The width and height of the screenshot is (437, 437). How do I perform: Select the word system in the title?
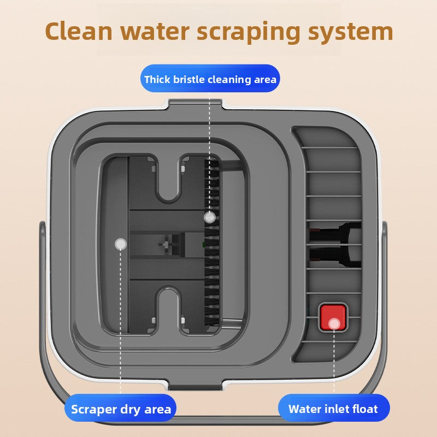coord(350,32)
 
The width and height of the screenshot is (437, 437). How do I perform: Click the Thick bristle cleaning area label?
coord(210,80)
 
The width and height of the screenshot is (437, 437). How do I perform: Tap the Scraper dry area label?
coord(121,409)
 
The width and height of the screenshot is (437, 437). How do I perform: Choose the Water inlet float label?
coord(333,409)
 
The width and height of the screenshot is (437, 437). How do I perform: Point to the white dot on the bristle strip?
coord(208,217)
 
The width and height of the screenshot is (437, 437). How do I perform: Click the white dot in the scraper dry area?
coord(121,244)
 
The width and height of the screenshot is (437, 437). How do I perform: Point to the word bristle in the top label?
coord(190,80)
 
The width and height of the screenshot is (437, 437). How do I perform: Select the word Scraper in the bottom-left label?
coord(94,409)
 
